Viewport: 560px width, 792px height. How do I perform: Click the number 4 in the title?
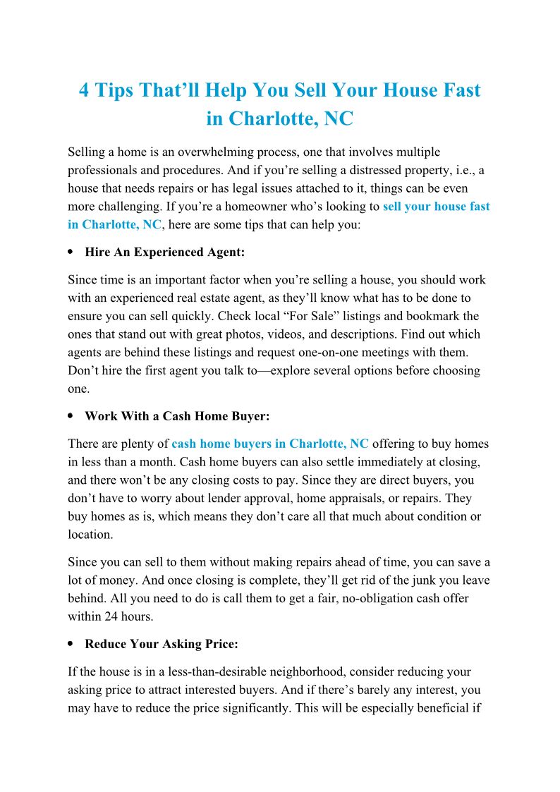[84, 91]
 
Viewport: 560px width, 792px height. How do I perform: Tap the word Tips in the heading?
[116, 91]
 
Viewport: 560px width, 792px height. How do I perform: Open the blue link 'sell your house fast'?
[436, 207]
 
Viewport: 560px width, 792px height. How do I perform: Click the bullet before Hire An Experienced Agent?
[71, 251]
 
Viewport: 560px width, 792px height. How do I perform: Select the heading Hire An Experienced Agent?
[164, 251]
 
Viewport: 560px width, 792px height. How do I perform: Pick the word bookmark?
[434, 316]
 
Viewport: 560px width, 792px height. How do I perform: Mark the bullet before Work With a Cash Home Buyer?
[71, 416]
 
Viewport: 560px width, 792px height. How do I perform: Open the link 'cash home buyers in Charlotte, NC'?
[270, 444]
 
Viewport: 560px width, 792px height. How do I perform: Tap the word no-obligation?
[353, 598]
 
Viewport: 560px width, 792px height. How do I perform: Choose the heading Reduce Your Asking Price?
[162, 644]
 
